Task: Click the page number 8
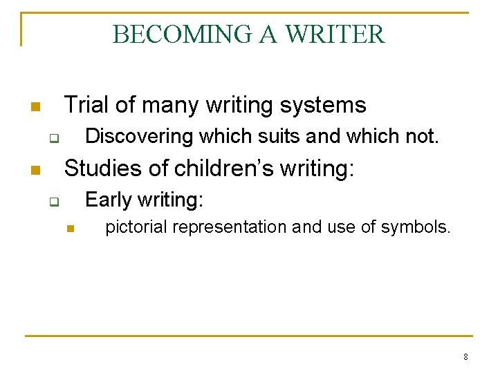click(x=465, y=357)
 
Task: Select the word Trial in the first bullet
click(x=87, y=105)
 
